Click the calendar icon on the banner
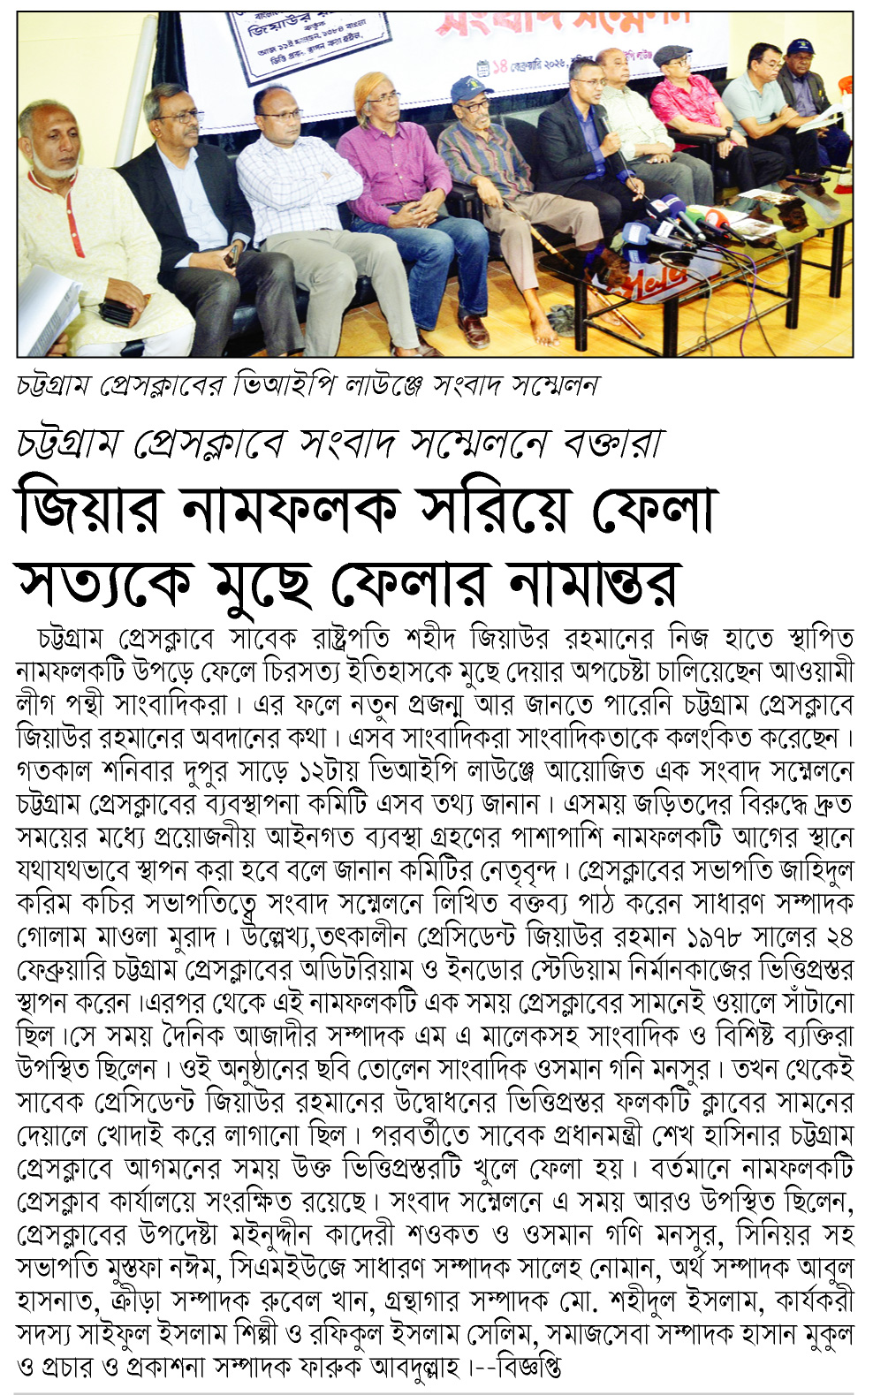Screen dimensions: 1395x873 coord(482,67)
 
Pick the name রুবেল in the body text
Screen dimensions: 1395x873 coord(262,1301)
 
